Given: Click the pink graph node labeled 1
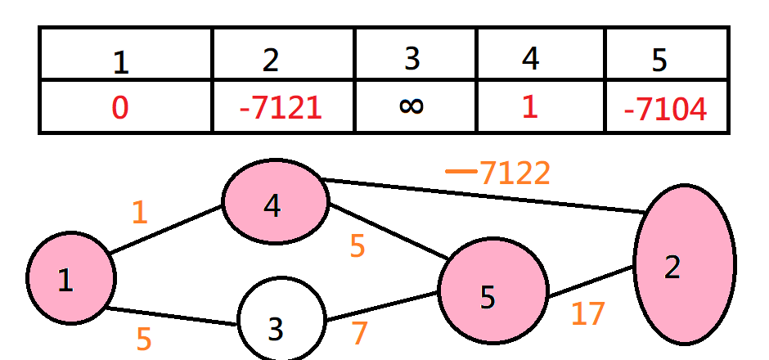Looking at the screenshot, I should point(70,280).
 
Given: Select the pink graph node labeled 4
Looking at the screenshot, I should point(276,200).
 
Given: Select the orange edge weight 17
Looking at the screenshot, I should point(587,314).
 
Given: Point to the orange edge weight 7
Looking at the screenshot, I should point(358,334).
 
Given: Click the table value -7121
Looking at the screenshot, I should point(281,109).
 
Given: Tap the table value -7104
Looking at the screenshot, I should point(664,109).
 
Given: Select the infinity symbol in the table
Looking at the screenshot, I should point(412,107).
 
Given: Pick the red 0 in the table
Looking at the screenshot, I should point(120,108).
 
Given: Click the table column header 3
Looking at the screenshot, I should point(412,59).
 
